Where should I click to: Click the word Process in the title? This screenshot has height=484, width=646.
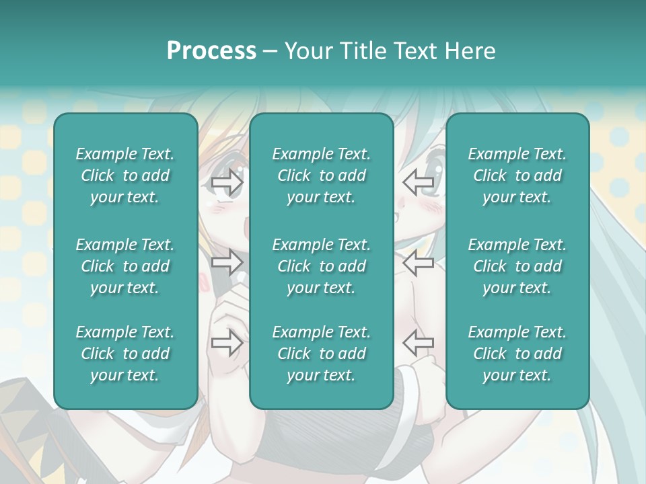tap(211, 51)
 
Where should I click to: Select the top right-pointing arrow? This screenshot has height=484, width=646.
tap(227, 182)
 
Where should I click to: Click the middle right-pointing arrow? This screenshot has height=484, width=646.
tap(227, 263)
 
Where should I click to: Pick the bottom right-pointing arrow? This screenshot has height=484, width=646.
tap(227, 343)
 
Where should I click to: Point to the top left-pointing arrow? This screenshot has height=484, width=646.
tap(418, 182)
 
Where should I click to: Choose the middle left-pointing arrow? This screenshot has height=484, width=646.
tap(418, 263)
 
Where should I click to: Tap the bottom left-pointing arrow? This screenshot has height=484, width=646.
tap(418, 343)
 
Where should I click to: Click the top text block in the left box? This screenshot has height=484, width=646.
tap(125, 175)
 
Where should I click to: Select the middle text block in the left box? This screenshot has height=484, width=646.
tap(125, 266)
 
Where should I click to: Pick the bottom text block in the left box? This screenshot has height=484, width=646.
tap(125, 354)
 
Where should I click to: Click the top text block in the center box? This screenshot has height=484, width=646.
tap(321, 175)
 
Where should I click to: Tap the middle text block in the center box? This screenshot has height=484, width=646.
tap(321, 266)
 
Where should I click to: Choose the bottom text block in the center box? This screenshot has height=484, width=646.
tap(321, 354)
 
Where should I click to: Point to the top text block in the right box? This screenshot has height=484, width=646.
tap(517, 175)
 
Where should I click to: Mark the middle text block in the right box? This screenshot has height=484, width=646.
tap(517, 266)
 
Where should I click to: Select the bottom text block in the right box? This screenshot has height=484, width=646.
tap(517, 354)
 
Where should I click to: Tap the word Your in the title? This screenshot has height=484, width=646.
tap(306, 51)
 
